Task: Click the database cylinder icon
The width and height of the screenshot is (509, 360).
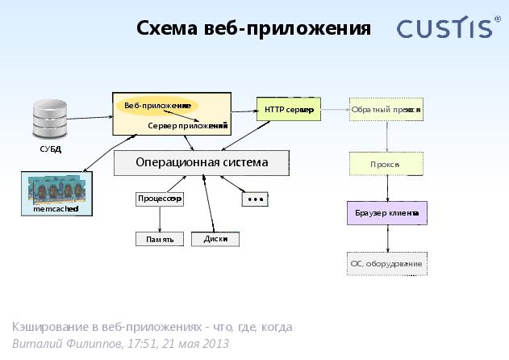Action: pos(50,119)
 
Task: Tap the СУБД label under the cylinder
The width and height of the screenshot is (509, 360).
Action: pos(51,149)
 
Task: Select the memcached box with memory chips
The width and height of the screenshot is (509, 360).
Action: pos(56,194)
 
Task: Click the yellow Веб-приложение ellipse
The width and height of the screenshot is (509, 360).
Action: pos(157,106)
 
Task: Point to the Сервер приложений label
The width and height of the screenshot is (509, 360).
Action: pos(188,126)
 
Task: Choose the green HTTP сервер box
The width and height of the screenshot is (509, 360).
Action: pos(289,109)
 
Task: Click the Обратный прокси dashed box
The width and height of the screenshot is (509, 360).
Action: pos(386,110)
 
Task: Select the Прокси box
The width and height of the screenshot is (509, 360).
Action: pos(386,164)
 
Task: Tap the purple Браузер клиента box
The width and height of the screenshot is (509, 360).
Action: pos(387,213)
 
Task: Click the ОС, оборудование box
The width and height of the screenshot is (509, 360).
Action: pos(387,263)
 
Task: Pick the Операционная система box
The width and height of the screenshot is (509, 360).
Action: pos(202,163)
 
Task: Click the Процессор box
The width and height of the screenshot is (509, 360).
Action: pos(160,199)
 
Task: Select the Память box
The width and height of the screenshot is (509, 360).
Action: pos(160,239)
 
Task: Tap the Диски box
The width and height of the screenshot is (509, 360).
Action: pos(215,239)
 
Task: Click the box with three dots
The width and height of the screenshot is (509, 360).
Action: pos(255,199)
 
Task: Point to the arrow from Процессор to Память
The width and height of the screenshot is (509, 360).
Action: pos(160,220)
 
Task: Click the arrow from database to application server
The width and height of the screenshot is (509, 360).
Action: pos(90,118)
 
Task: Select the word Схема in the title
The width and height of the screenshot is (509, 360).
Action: pos(167,28)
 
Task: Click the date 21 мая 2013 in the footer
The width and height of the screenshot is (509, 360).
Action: pos(196,343)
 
